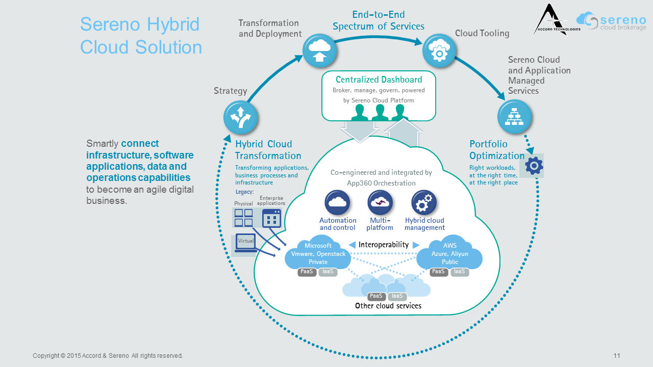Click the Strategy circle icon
[x=241, y=117]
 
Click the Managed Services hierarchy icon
[x=514, y=117]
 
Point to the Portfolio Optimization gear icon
[x=534, y=166]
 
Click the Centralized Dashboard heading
[x=379, y=80]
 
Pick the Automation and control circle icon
[x=337, y=202]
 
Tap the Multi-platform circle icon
[x=380, y=202]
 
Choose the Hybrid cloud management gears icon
[x=424, y=202]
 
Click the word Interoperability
[x=384, y=245]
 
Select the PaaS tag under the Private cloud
[x=307, y=272]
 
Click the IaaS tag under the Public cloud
[x=459, y=272]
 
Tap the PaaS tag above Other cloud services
[x=376, y=296]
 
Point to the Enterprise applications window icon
[x=271, y=218]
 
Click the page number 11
[x=617, y=356]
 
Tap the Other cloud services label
[x=388, y=306]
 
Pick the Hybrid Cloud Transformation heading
[x=268, y=150]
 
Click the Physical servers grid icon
[x=243, y=218]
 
